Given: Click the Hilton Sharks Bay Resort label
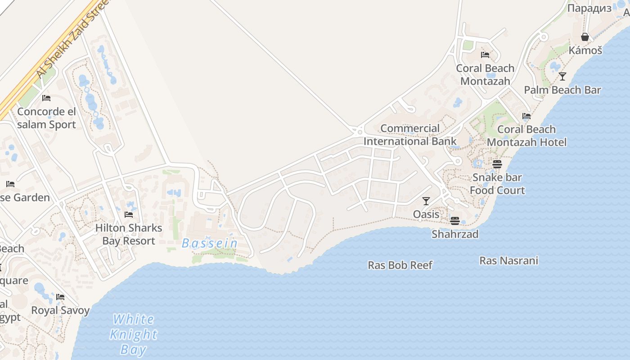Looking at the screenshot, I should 128,234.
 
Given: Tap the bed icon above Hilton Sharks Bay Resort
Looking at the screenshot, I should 129,215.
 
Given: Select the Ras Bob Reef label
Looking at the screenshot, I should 400,265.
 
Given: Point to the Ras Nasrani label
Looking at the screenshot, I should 508,261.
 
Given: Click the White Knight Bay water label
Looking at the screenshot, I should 134,334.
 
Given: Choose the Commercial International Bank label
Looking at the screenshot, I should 410,135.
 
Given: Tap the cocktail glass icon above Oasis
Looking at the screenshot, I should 426,201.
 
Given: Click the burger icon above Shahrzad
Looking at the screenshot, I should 455,221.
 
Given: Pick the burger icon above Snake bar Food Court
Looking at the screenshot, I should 497,164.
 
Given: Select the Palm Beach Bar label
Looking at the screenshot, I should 562,90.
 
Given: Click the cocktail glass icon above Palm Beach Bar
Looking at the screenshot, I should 562,76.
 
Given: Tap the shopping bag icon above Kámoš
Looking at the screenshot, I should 585,37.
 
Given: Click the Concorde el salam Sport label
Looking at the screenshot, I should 46,118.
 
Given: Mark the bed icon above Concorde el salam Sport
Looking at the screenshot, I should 46,98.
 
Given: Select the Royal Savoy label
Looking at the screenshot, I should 60,310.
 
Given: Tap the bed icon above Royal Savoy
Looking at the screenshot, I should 60,297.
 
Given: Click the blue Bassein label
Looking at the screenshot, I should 210,243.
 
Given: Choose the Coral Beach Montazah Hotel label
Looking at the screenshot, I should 526,136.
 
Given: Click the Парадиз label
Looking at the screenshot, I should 589,9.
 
